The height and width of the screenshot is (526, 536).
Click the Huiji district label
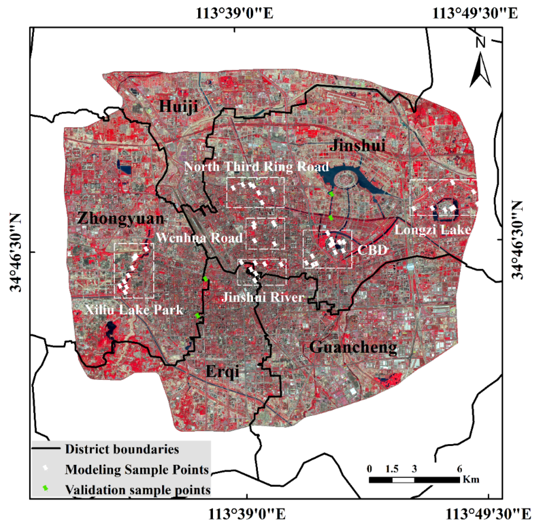[x=178, y=106]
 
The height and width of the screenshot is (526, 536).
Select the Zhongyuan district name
[x=121, y=219]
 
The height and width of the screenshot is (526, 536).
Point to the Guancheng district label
[x=353, y=347]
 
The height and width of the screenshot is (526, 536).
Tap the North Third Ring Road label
[x=256, y=167]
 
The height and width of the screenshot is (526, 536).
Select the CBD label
[x=372, y=250]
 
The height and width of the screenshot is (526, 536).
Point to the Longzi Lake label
[x=432, y=229]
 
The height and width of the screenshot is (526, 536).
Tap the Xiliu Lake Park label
[x=134, y=310]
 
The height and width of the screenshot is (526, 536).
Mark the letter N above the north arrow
[x=481, y=42]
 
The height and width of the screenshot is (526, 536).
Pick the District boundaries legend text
[x=122, y=449]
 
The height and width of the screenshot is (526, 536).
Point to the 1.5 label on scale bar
[x=392, y=469]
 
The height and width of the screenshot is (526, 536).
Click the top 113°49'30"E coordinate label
[x=475, y=13]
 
